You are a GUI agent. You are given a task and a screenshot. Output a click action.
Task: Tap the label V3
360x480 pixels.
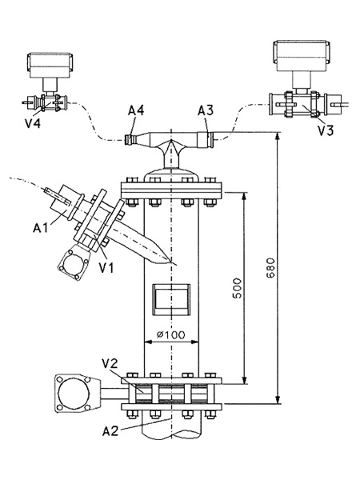click(326, 130)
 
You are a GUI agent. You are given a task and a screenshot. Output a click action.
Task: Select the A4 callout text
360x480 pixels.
click(136, 111)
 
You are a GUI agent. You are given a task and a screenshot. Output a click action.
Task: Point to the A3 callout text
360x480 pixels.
click(206, 111)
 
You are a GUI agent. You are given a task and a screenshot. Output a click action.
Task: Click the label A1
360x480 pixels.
click(41, 228)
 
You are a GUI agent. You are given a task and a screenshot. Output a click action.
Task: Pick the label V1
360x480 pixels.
click(106, 267)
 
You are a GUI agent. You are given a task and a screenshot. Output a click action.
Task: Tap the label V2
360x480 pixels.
click(110, 364)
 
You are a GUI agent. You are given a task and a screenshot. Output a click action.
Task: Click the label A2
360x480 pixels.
click(110, 431)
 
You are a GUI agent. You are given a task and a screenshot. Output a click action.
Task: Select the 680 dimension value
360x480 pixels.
click(270, 269)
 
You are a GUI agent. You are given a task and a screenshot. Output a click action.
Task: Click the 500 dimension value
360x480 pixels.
click(237, 288)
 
